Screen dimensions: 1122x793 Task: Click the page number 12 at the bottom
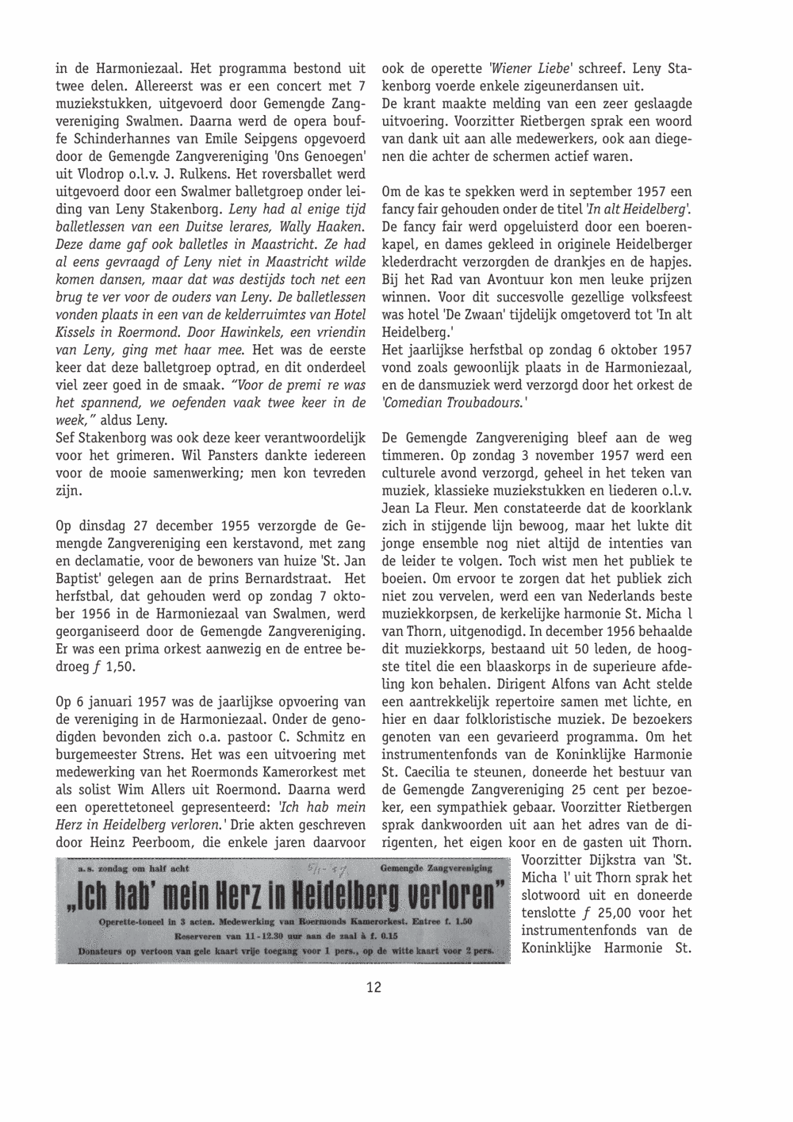point(374,987)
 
